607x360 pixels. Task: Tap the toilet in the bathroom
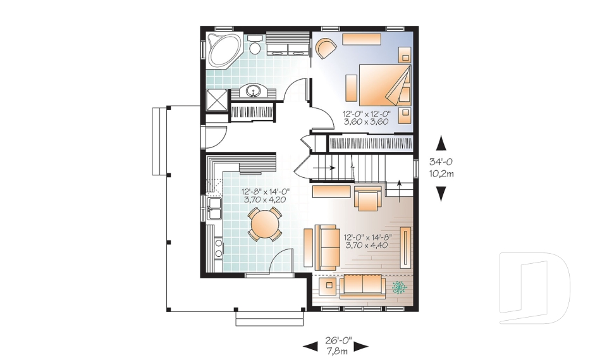(x=254, y=44)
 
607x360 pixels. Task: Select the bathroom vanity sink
(x=253, y=92)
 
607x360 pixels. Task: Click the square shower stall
(x=217, y=101)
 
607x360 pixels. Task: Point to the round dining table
(x=265, y=224)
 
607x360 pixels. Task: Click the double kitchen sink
(x=214, y=209)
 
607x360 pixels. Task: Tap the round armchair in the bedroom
(x=326, y=48)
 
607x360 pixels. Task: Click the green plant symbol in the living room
(x=400, y=287)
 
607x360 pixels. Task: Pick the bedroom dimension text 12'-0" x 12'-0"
(x=367, y=114)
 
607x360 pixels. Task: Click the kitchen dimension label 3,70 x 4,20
(x=265, y=200)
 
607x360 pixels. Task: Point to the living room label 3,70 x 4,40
(x=367, y=245)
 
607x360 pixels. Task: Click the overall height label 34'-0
(x=441, y=161)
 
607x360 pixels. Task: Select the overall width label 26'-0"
(x=338, y=340)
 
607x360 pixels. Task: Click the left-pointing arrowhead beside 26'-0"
(x=310, y=346)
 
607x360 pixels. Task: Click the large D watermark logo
(x=534, y=288)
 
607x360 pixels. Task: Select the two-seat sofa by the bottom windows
(x=362, y=287)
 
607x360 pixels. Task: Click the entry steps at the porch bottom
(x=269, y=318)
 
